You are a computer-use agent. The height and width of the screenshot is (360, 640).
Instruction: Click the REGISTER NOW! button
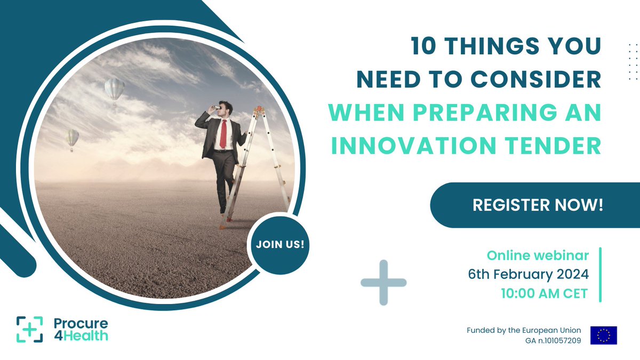click(x=538, y=205)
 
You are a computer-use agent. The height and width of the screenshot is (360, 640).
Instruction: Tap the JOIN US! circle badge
click(x=280, y=245)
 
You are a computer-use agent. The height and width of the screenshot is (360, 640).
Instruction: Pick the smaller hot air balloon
click(x=71, y=138)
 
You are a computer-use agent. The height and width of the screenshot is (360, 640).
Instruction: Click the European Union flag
click(x=603, y=335)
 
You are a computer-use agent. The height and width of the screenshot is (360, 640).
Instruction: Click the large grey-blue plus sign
click(x=383, y=282)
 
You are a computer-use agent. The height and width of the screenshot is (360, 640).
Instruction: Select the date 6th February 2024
click(x=528, y=275)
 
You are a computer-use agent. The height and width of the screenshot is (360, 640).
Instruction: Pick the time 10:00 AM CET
click(x=544, y=294)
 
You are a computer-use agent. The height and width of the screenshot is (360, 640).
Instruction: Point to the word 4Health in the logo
click(x=81, y=335)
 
